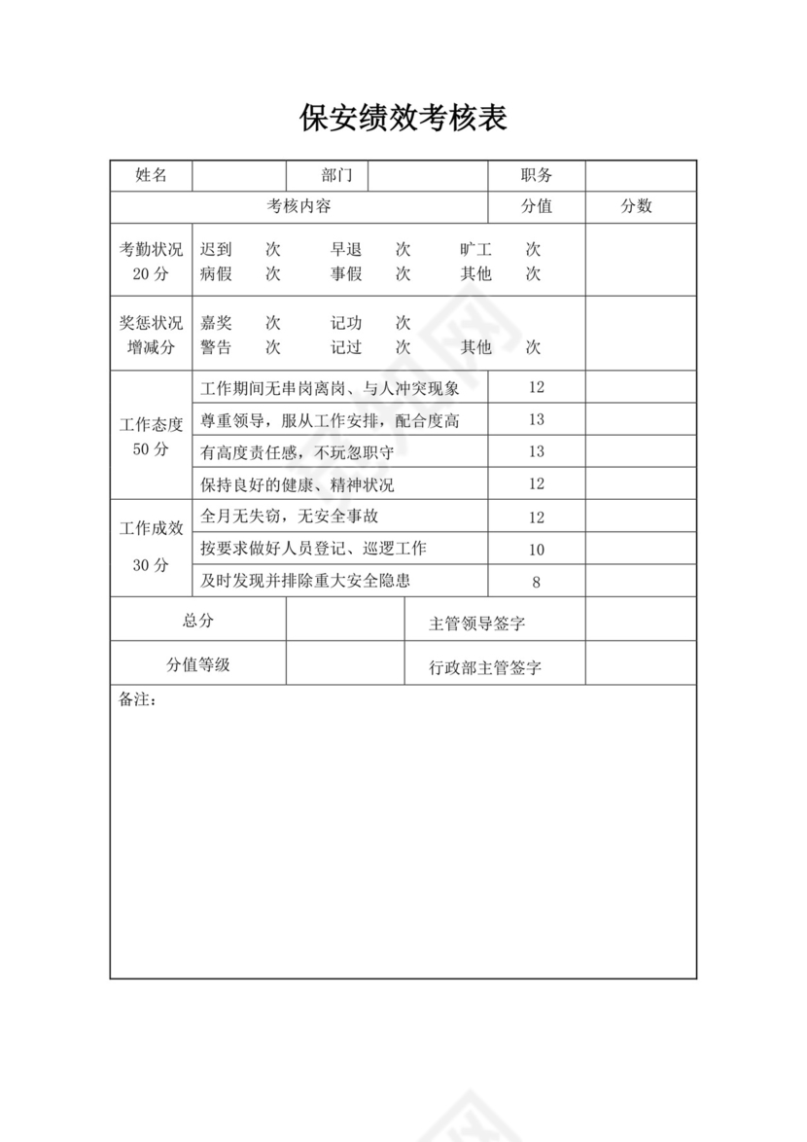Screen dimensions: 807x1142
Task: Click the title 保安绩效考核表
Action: point(403,119)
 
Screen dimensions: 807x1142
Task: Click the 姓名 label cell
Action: point(151,175)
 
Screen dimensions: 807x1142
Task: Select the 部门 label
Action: point(336,175)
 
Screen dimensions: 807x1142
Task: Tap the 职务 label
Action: point(536,175)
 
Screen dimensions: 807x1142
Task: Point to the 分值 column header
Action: point(536,206)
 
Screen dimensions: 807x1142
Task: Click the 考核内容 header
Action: point(299,206)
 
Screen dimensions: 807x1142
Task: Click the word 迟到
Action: point(216,250)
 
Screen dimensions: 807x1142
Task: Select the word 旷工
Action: point(476,250)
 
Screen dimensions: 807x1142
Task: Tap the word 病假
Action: point(216,273)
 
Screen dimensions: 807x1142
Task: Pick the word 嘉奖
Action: point(216,323)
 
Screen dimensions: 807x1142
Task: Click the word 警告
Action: point(216,347)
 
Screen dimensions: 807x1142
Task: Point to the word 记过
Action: point(346,347)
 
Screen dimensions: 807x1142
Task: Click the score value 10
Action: point(537,550)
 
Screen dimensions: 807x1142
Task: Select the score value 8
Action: point(537,583)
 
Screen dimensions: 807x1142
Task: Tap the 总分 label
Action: point(197,621)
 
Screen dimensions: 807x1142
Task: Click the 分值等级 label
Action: point(197,665)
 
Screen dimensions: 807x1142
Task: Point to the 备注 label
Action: point(136,700)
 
